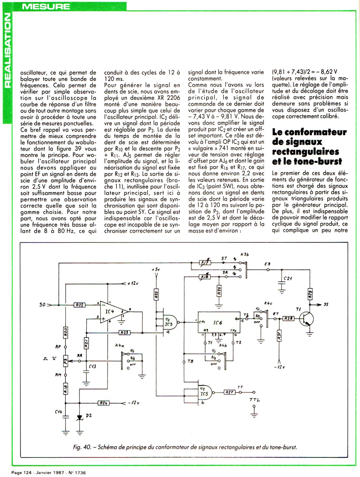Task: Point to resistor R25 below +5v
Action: [x=157, y=295]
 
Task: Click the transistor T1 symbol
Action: [x=307, y=318]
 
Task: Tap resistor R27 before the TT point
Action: [x=229, y=392]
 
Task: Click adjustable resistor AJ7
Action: [x=204, y=263]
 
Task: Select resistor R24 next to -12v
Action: [x=103, y=403]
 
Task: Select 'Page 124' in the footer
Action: [x=21, y=472]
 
